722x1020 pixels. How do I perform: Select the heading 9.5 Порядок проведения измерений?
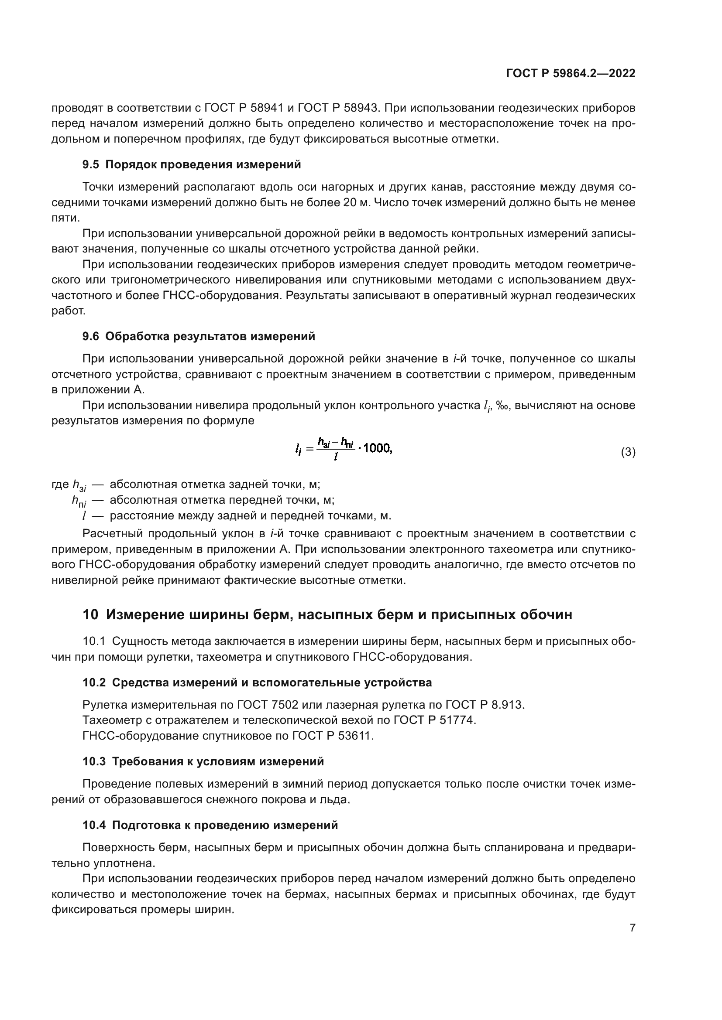pos(192,165)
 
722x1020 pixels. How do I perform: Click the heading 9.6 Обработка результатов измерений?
pos(199,336)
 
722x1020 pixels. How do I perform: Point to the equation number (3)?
pos(628,452)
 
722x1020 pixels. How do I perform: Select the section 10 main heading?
pos(327,615)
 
